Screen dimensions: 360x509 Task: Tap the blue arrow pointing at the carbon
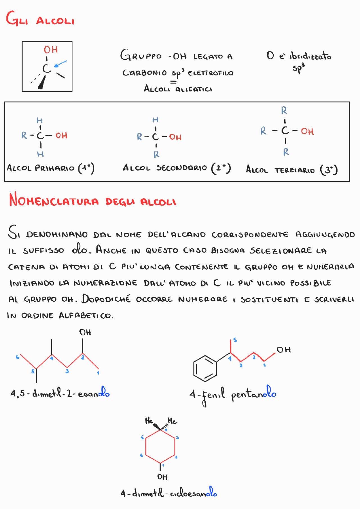pos(60,64)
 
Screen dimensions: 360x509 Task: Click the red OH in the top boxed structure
pos(51,50)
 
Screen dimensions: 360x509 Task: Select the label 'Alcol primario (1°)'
pos(51,168)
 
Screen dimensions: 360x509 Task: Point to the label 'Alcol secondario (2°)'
pos(177,168)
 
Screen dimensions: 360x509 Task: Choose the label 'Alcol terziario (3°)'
pos(292,170)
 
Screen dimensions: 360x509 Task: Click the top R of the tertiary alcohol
pos(284,110)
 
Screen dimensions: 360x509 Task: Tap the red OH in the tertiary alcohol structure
pos(307,131)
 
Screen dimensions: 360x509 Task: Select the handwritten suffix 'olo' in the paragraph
pos(80,249)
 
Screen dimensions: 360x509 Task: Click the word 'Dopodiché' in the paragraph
pos(106,299)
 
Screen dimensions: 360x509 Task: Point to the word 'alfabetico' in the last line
pos(86,315)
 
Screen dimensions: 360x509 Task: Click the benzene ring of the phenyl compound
pos(205,368)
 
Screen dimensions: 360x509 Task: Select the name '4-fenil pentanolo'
pos(233,394)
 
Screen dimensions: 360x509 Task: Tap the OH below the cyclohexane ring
pos(162,477)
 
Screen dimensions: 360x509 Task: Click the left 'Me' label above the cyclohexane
pos(149,421)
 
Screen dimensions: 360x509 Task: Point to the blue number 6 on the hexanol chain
pos(17,357)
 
